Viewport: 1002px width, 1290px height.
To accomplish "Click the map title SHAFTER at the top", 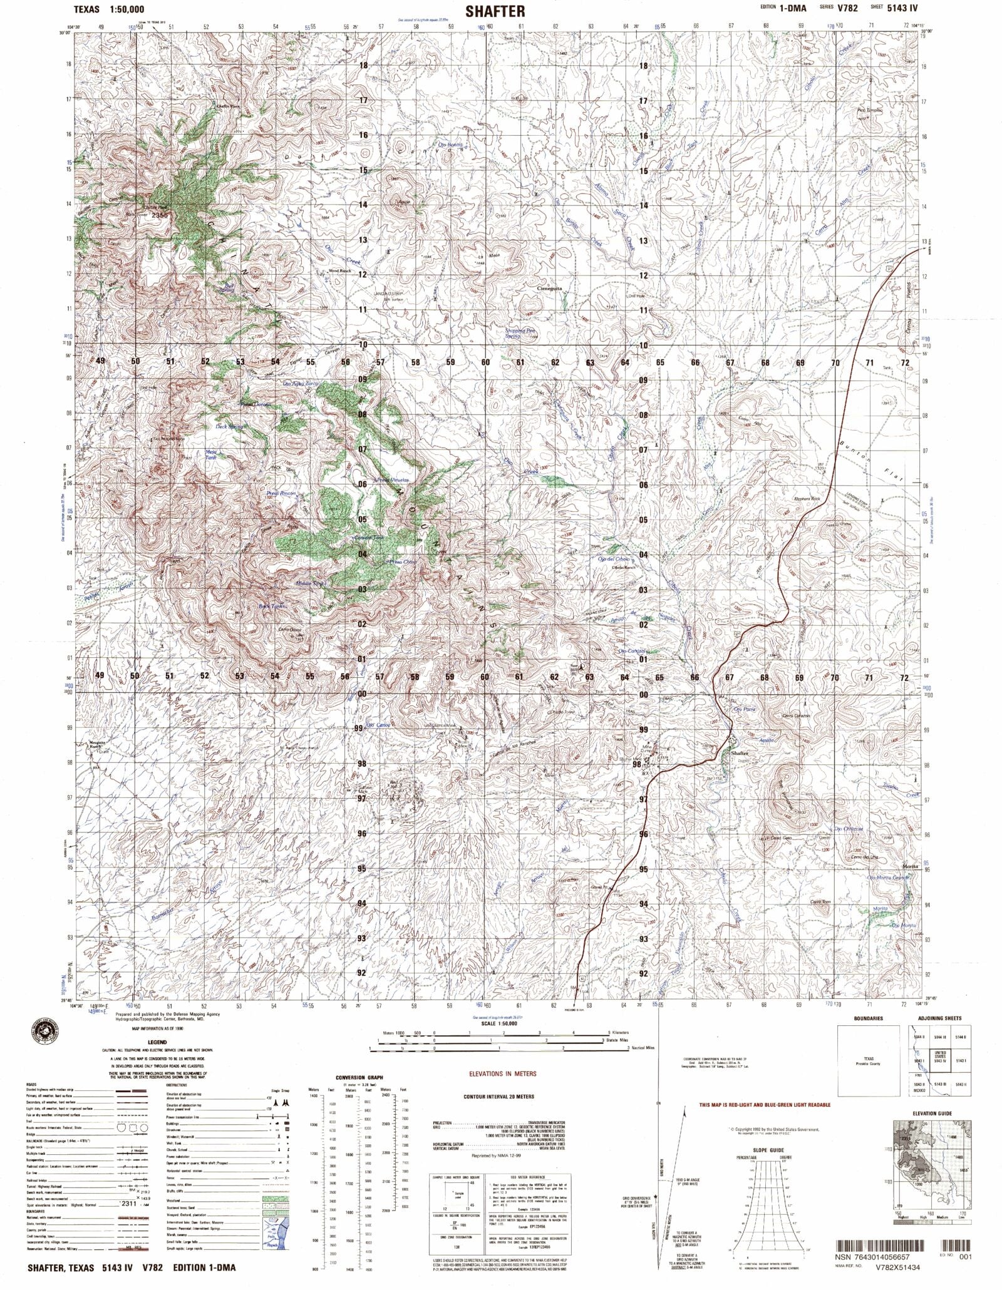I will coord(495,11).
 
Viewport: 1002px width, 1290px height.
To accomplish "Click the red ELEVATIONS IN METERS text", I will coord(503,1073).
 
